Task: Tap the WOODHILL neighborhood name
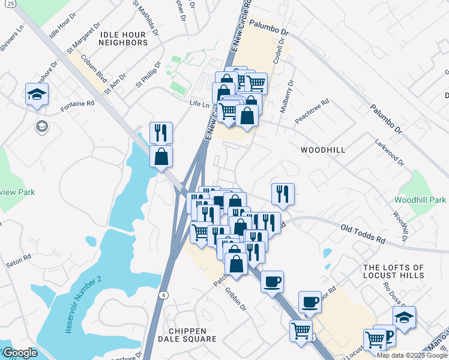click(323, 150)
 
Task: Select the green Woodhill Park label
click(420, 199)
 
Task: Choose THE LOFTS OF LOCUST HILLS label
click(394, 271)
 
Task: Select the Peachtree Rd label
click(312, 112)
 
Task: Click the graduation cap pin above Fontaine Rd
click(37, 94)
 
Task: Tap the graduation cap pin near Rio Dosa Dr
click(404, 317)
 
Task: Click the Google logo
click(20, 353)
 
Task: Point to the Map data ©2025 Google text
click(411, 355)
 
